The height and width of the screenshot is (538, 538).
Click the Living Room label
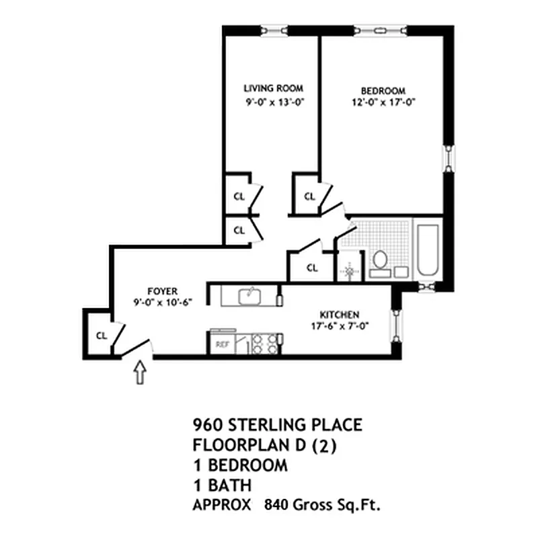[274, 88]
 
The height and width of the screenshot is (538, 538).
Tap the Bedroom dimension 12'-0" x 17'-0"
[383, 102]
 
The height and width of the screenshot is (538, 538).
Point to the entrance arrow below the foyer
[140, 372]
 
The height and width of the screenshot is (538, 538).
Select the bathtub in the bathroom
[428, 250]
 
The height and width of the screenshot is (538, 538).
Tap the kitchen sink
[249, 296]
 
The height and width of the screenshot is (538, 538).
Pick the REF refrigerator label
[222, 344]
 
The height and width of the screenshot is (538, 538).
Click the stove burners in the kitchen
[265, 344]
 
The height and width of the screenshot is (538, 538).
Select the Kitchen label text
[340, 315]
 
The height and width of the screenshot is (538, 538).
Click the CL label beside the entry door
[102, 336]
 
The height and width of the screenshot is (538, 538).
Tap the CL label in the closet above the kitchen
[312, 268]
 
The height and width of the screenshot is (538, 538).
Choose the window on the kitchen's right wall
[396, 326]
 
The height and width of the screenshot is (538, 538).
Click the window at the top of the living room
[274, 30]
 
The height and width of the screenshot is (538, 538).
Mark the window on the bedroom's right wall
[449, 158]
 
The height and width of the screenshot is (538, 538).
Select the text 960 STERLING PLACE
[278, 425]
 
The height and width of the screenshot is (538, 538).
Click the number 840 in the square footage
[276, 505]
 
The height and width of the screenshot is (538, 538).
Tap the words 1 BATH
[223, 485]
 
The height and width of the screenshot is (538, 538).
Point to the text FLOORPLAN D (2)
[264, 445]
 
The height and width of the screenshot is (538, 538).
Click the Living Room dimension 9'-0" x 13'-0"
[275, 102]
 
